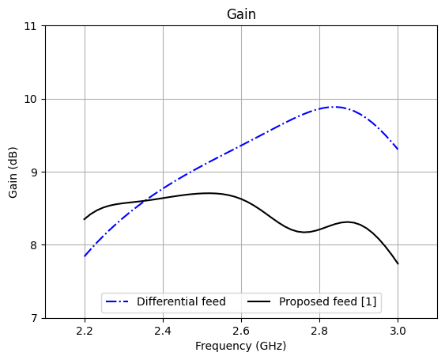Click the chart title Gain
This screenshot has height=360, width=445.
(x=241, y=14)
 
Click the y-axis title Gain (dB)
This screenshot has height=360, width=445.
(x=13, y=172)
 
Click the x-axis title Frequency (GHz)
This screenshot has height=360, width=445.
(x=241, y=346)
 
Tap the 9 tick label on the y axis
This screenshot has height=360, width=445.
(x=34, y=172)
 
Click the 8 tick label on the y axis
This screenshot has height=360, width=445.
(x=34, y=245)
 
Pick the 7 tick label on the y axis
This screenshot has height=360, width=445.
(x=34, y=318)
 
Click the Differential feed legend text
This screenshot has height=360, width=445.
(x=181, y=301)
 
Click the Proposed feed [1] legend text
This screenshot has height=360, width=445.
(x=328, y=301)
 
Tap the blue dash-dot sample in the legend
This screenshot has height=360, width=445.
(x=119, y=301)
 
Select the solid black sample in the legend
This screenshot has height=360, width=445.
(x=262, y=301)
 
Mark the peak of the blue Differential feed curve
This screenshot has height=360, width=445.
(x=334, y=107)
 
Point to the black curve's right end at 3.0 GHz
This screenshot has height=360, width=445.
(x=398, y=263)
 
